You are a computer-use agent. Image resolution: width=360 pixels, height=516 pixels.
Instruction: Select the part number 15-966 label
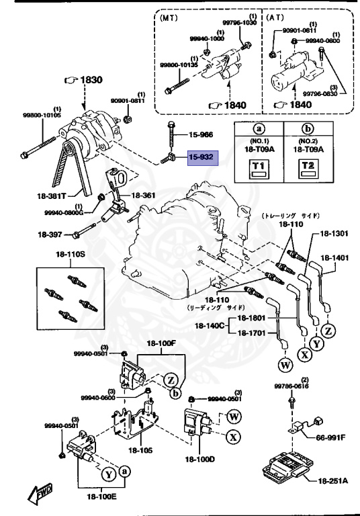click(x=200, y=134)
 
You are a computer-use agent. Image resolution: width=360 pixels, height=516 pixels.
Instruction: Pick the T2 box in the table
click(x=308, y=168)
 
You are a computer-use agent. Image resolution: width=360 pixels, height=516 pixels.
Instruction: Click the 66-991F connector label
click(x=330, y=437)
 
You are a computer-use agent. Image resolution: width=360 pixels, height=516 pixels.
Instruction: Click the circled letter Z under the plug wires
click(x=328, y=331)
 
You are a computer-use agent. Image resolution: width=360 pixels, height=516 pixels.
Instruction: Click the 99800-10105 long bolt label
click(x=40, y=116)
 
